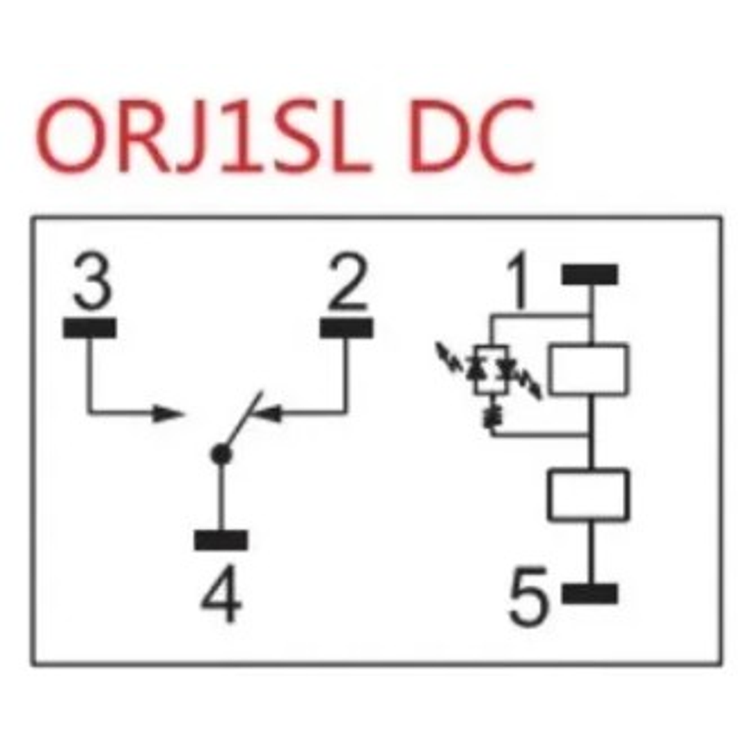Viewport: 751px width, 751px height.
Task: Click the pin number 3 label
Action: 92,284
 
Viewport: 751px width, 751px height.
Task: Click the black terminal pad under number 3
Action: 90,328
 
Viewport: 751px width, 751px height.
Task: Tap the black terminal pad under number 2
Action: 347,328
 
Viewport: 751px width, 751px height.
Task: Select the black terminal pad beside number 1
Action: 590,275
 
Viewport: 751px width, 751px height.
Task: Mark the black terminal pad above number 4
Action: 221,540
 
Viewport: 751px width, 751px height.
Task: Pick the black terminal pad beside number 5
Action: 590,594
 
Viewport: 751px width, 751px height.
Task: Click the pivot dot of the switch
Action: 221,454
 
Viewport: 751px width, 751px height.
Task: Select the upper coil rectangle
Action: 588,370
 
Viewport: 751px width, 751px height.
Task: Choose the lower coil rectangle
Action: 588,495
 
